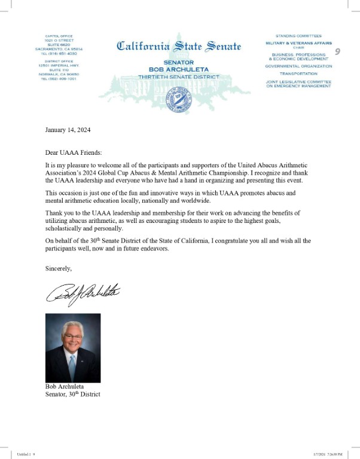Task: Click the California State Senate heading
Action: (179, 46)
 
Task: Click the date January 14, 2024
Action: (69, 130)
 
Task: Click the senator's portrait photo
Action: (73, 348)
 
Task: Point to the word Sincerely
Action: (59, 268)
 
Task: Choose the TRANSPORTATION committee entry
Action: (298, 74)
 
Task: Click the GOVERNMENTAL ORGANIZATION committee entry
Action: (298, 66)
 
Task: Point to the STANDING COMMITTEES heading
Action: (298, 36)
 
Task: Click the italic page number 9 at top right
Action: (338, 52)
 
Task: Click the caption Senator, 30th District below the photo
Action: (73, 394)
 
